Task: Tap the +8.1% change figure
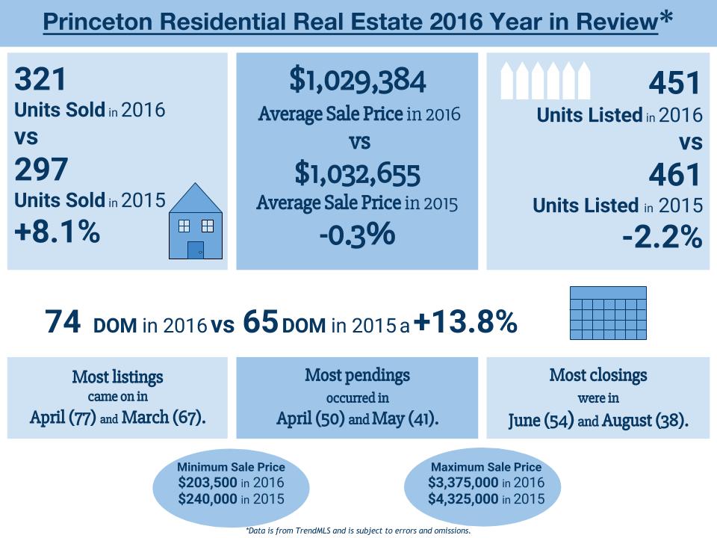[x=57, y=232]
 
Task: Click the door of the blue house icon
[x=195, y=250]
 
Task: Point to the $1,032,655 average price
[x=357, y=174]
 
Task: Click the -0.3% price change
[x=356, y=234]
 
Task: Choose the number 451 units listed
[x=674, y=83]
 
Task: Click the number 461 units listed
[x=674, y=175]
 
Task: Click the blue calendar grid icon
[x=609, y=315]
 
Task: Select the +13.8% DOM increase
[x=464, y=322]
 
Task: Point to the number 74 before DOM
[x=63, y=323]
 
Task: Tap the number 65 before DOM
[x=261, y=323]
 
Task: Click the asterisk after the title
[x=665, y=21]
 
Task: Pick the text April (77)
[x=63, y=417]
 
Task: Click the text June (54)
[x=541, y=420]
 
